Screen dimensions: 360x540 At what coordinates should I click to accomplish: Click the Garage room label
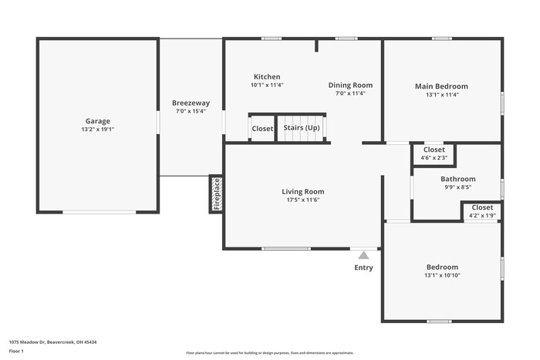tap(97, 121)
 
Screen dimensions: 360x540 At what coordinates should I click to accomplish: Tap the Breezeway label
tap(191, 103)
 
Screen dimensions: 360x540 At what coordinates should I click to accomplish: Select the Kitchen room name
tap(267, 76)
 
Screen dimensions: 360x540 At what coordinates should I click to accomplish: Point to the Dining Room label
tap(350, 85)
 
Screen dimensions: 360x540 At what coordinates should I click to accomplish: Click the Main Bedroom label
tap(441, 86)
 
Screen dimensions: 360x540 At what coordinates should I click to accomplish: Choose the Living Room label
tap(302, 191)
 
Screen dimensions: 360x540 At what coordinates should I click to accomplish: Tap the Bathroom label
tap(457, 178)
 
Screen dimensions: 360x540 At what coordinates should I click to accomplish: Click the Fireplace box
tap(216, 194)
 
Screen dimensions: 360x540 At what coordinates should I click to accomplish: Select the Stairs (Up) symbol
tap(302, 128)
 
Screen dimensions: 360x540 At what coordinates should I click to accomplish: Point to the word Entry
tap(363, 267)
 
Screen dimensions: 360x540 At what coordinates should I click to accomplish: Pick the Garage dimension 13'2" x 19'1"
tap(97, 130)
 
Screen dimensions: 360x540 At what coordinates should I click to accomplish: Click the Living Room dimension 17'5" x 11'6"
tap(302, 200)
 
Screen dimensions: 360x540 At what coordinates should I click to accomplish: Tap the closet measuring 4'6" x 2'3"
tap(434, 153)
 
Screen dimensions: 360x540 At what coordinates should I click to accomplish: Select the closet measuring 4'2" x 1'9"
tap(482, 211)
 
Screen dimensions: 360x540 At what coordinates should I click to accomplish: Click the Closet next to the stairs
tap(262, 129)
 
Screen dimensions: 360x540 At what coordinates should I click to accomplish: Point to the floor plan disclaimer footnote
tap(269, 352)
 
